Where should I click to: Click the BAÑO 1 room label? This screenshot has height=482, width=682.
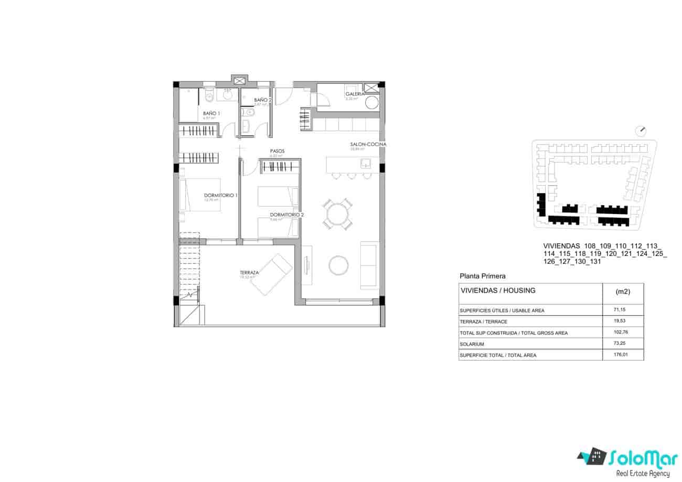click(x=211, y=113)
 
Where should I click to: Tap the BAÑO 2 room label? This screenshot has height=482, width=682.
click(x=262, y=100)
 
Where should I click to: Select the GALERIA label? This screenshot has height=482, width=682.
click(x=354, y=94)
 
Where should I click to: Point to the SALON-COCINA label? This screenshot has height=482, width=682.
click(x=368, y=144)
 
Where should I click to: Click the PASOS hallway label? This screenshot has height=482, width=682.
click(x=277, y=151)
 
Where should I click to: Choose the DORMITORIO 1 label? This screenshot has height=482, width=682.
click(x=221, y=195)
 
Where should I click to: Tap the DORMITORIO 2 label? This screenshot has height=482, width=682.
click(x=286, y=215)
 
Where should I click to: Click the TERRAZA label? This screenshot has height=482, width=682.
click(x=249, y=273)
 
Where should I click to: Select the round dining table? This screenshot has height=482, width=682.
click(x=338, y=213)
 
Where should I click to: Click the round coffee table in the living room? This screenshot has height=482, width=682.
click(x=338, y=265)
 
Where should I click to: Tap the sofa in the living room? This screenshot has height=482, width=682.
click(x=369, y=265)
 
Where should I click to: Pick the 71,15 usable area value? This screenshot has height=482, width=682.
click(x=620, y=310)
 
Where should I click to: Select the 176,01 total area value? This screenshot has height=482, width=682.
click(x=620, y=355)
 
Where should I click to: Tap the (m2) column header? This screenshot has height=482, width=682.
click(x=622, y=292)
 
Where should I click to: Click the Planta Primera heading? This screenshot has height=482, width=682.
click(x=482, y=275)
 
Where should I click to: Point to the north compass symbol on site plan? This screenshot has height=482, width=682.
click(x=641, y=130)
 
